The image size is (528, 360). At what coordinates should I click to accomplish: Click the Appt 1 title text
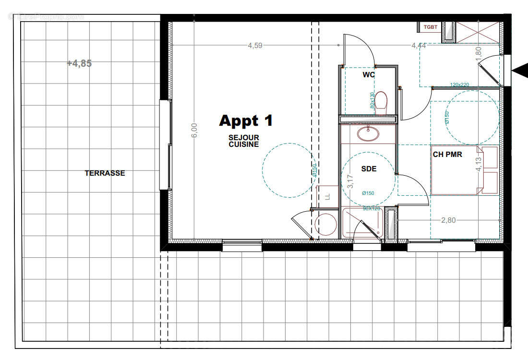pos(246,121)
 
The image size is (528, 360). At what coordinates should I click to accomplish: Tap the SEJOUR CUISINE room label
pos(244,141)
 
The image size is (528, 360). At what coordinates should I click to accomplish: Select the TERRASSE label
pos(105,173)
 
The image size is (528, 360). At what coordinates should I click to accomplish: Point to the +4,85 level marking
pos(79,63)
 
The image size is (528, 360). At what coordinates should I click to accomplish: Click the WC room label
pos(369,75)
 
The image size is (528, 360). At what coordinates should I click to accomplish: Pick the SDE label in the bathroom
pos(369,169)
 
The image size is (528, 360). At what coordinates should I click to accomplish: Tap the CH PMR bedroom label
pos(447,154)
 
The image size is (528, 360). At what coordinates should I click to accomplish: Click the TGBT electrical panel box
pos(430,27)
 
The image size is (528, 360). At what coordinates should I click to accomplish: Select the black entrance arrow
pos(519,71)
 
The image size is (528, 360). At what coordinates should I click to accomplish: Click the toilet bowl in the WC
pos(382,102)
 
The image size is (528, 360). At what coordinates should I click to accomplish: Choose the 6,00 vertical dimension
pos(193,131)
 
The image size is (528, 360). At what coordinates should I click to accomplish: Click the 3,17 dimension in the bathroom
pos(350,181)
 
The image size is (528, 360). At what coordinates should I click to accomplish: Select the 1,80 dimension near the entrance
pos(478,53)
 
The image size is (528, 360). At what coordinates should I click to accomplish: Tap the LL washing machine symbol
pos(328,197)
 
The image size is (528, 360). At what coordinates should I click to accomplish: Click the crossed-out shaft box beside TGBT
pos(480,32)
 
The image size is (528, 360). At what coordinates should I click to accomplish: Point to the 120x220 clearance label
pos(459,84)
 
